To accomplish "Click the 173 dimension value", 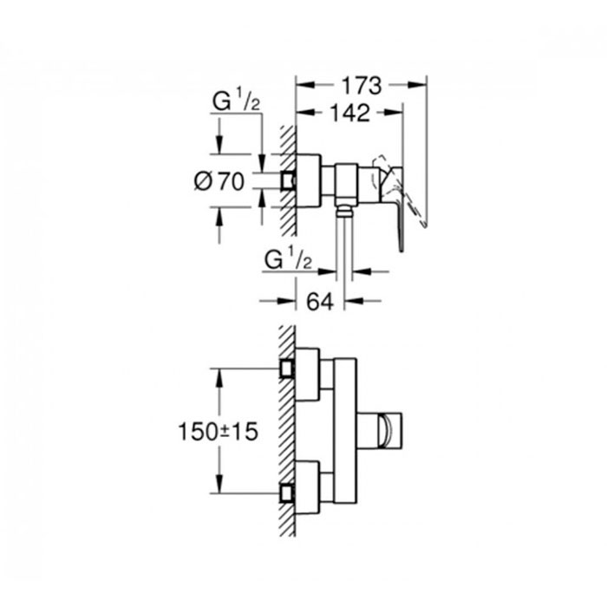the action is point(362,86).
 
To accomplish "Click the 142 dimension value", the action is point(350,113).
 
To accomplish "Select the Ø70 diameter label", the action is point(219,181).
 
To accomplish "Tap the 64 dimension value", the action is point(320,301).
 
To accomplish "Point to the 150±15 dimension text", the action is point(218,431).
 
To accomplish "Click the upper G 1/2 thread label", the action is point(236,100).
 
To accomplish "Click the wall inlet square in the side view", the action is point(287,180).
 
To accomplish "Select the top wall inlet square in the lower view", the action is point(287,369).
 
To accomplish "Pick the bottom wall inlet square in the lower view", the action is point(287,493).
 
